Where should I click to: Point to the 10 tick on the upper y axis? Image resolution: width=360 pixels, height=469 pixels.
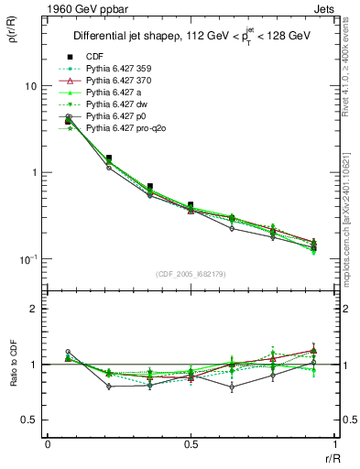point(30,86)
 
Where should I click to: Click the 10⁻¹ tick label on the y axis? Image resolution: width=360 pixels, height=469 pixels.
point(28,259)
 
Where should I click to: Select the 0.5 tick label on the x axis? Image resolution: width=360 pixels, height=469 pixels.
point(191,444)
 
